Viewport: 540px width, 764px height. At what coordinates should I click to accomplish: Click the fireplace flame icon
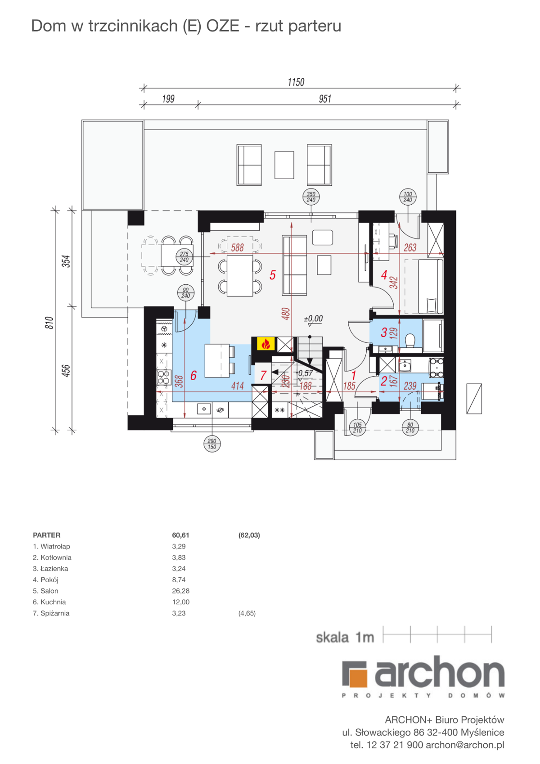(265, 344)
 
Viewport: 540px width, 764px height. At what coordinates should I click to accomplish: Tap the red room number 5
(272, 275)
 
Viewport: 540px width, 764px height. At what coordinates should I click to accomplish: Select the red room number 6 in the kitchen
(193, 375)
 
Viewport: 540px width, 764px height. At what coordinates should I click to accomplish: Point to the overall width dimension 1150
(296, 82)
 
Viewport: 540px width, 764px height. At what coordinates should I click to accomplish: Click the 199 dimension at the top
(168, 99)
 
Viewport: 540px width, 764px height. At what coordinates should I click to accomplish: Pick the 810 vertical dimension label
(49, 323)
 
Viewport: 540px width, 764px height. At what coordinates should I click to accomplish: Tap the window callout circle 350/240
(311, 197)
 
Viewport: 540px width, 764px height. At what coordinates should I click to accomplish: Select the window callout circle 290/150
(212, 444)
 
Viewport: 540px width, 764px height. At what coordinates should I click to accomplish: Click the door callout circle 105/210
(357, 428)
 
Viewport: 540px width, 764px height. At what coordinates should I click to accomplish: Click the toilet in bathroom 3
(409, 341)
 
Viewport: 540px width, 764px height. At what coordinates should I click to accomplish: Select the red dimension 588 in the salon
(238, 247)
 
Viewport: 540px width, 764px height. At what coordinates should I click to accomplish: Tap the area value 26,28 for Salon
(180, 591)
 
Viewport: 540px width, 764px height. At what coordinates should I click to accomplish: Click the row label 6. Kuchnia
(49, 602)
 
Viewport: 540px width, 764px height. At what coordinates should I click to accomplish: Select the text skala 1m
(345, 638)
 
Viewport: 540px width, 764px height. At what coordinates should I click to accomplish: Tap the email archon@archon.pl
(465, 745)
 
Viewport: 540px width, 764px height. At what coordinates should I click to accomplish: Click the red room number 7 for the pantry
(263, 376)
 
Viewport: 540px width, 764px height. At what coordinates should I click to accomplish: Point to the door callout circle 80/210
(410, 428)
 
